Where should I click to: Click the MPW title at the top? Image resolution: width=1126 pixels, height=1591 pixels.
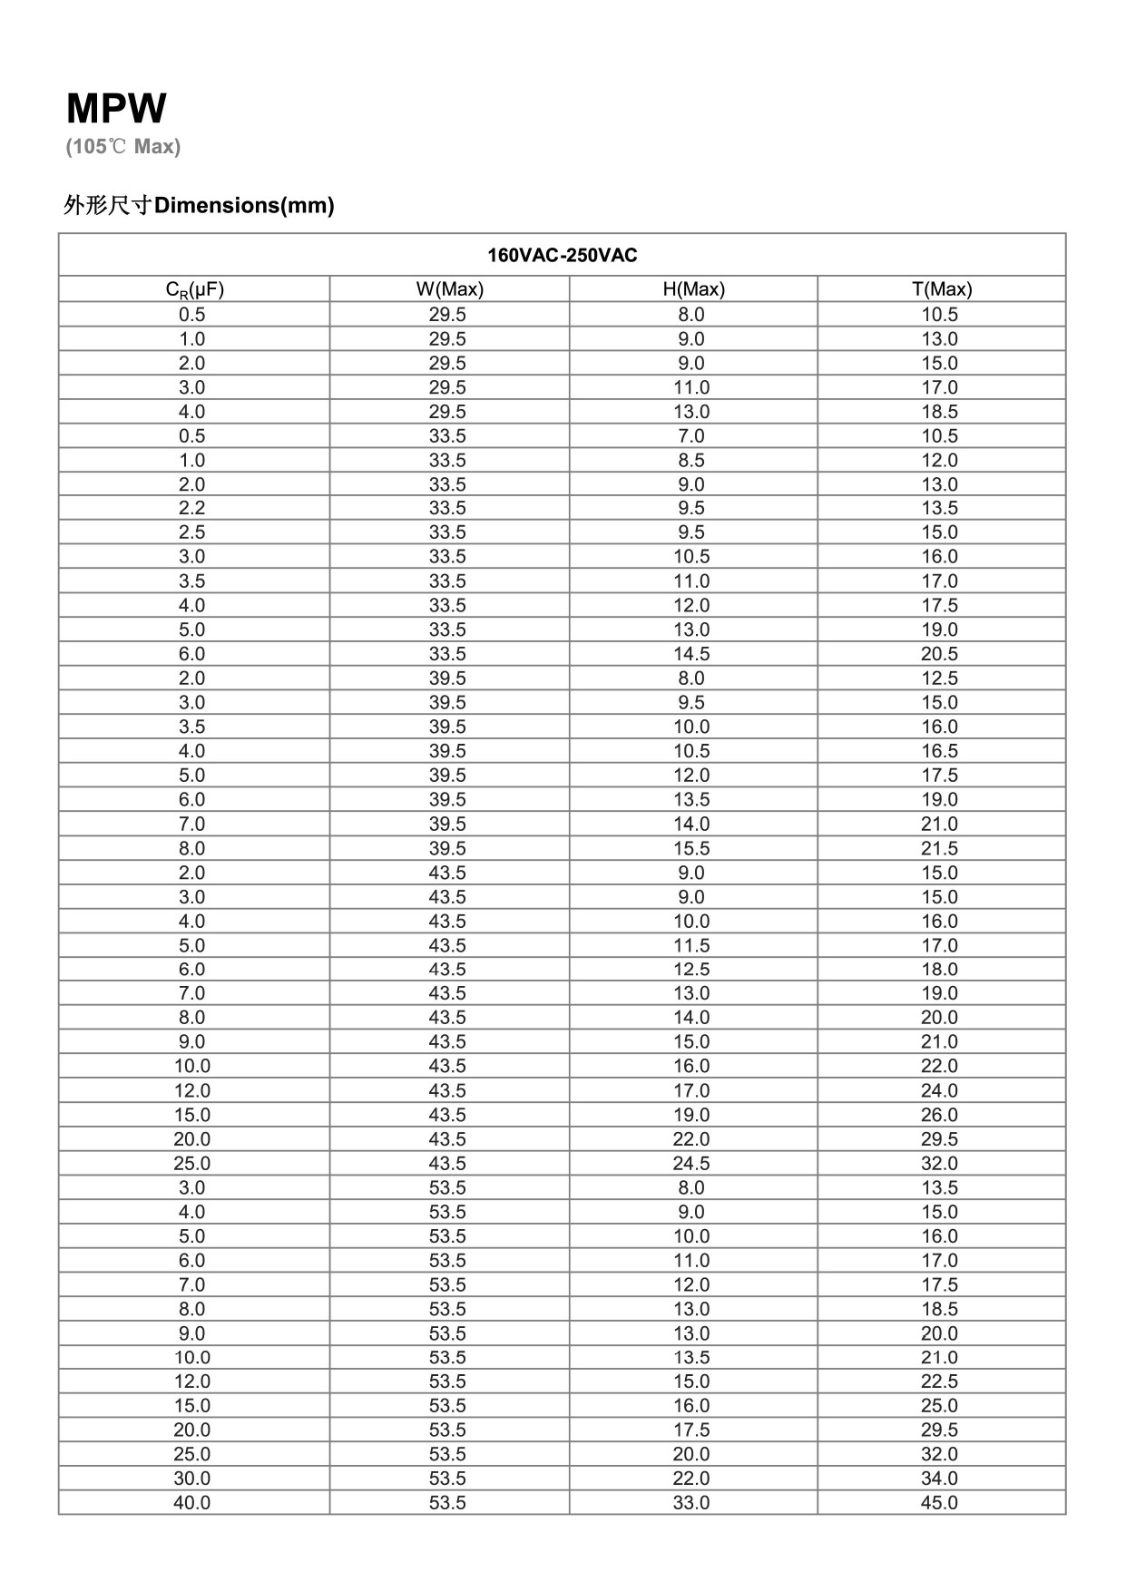(116, 109)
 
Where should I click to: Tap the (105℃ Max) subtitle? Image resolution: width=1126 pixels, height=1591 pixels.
(122, 147)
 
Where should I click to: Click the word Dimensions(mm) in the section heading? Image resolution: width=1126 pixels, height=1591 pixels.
(244, 206)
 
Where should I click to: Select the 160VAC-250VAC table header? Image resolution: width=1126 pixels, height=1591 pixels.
(562, 255)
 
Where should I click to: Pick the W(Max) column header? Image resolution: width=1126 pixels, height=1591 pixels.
(449, 289)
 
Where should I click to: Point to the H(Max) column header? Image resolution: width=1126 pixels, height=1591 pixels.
(693, 289)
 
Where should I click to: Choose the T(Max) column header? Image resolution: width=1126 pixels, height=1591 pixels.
(941, 289)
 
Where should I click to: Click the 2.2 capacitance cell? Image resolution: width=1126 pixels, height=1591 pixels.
(191, 508)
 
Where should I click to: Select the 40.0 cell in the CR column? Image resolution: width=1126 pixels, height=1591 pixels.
(191, 1503)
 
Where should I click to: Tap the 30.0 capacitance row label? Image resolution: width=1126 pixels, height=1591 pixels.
(191, 1479)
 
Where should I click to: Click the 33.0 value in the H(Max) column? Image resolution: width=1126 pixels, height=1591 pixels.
(690, 1503)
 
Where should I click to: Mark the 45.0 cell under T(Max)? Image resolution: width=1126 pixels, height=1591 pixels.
(939, 1503)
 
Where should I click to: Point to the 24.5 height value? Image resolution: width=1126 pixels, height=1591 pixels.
(690, 1164)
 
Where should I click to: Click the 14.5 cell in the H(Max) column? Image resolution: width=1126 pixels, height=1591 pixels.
(690, 654)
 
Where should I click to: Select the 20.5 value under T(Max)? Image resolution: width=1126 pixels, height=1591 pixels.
(939, 654)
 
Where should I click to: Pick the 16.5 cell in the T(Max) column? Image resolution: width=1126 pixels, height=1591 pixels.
(939, 751)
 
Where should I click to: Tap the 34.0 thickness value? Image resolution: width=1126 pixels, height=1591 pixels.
(939, 1479)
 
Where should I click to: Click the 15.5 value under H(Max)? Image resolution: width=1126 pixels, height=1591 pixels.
(690, 848)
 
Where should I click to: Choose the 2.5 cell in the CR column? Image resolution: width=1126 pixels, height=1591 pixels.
(191, 532)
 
